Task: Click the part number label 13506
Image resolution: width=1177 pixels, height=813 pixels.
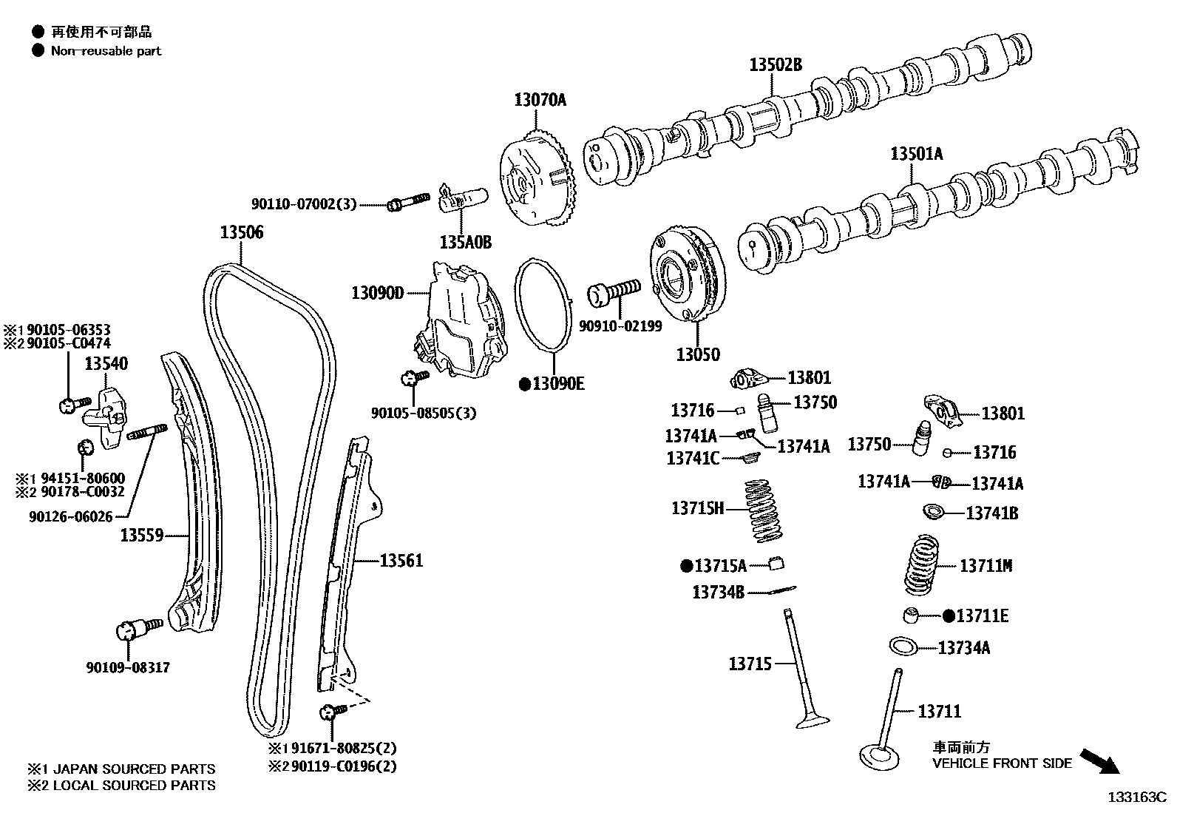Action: click(x=241, y=232)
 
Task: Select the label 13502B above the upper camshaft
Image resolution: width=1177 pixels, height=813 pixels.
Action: click(x=775, y=64)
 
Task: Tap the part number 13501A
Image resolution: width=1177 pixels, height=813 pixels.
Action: click(x=916, y=154)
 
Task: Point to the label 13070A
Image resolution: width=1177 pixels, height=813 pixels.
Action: click(x=540, y=100)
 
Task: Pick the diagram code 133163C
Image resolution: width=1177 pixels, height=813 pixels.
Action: click(x=1136, y=797)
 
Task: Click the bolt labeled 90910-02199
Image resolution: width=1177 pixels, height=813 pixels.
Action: click(x=614, y=290)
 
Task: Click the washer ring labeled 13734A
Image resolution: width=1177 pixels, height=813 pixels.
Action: click(x=903, y=646)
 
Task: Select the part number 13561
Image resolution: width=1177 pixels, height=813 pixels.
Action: click(x=401, y=561)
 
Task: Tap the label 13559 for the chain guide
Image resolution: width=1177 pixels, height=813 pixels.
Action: click(x=141, y=534)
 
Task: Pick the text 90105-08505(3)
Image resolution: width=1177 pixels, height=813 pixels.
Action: click(x=423, y=413)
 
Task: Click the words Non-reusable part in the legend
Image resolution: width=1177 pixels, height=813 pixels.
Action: click(x=106, y=51)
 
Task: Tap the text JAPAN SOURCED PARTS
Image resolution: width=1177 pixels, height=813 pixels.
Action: click(x=134, y=769)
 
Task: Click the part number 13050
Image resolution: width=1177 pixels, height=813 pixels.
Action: click(x=697, y=354)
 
